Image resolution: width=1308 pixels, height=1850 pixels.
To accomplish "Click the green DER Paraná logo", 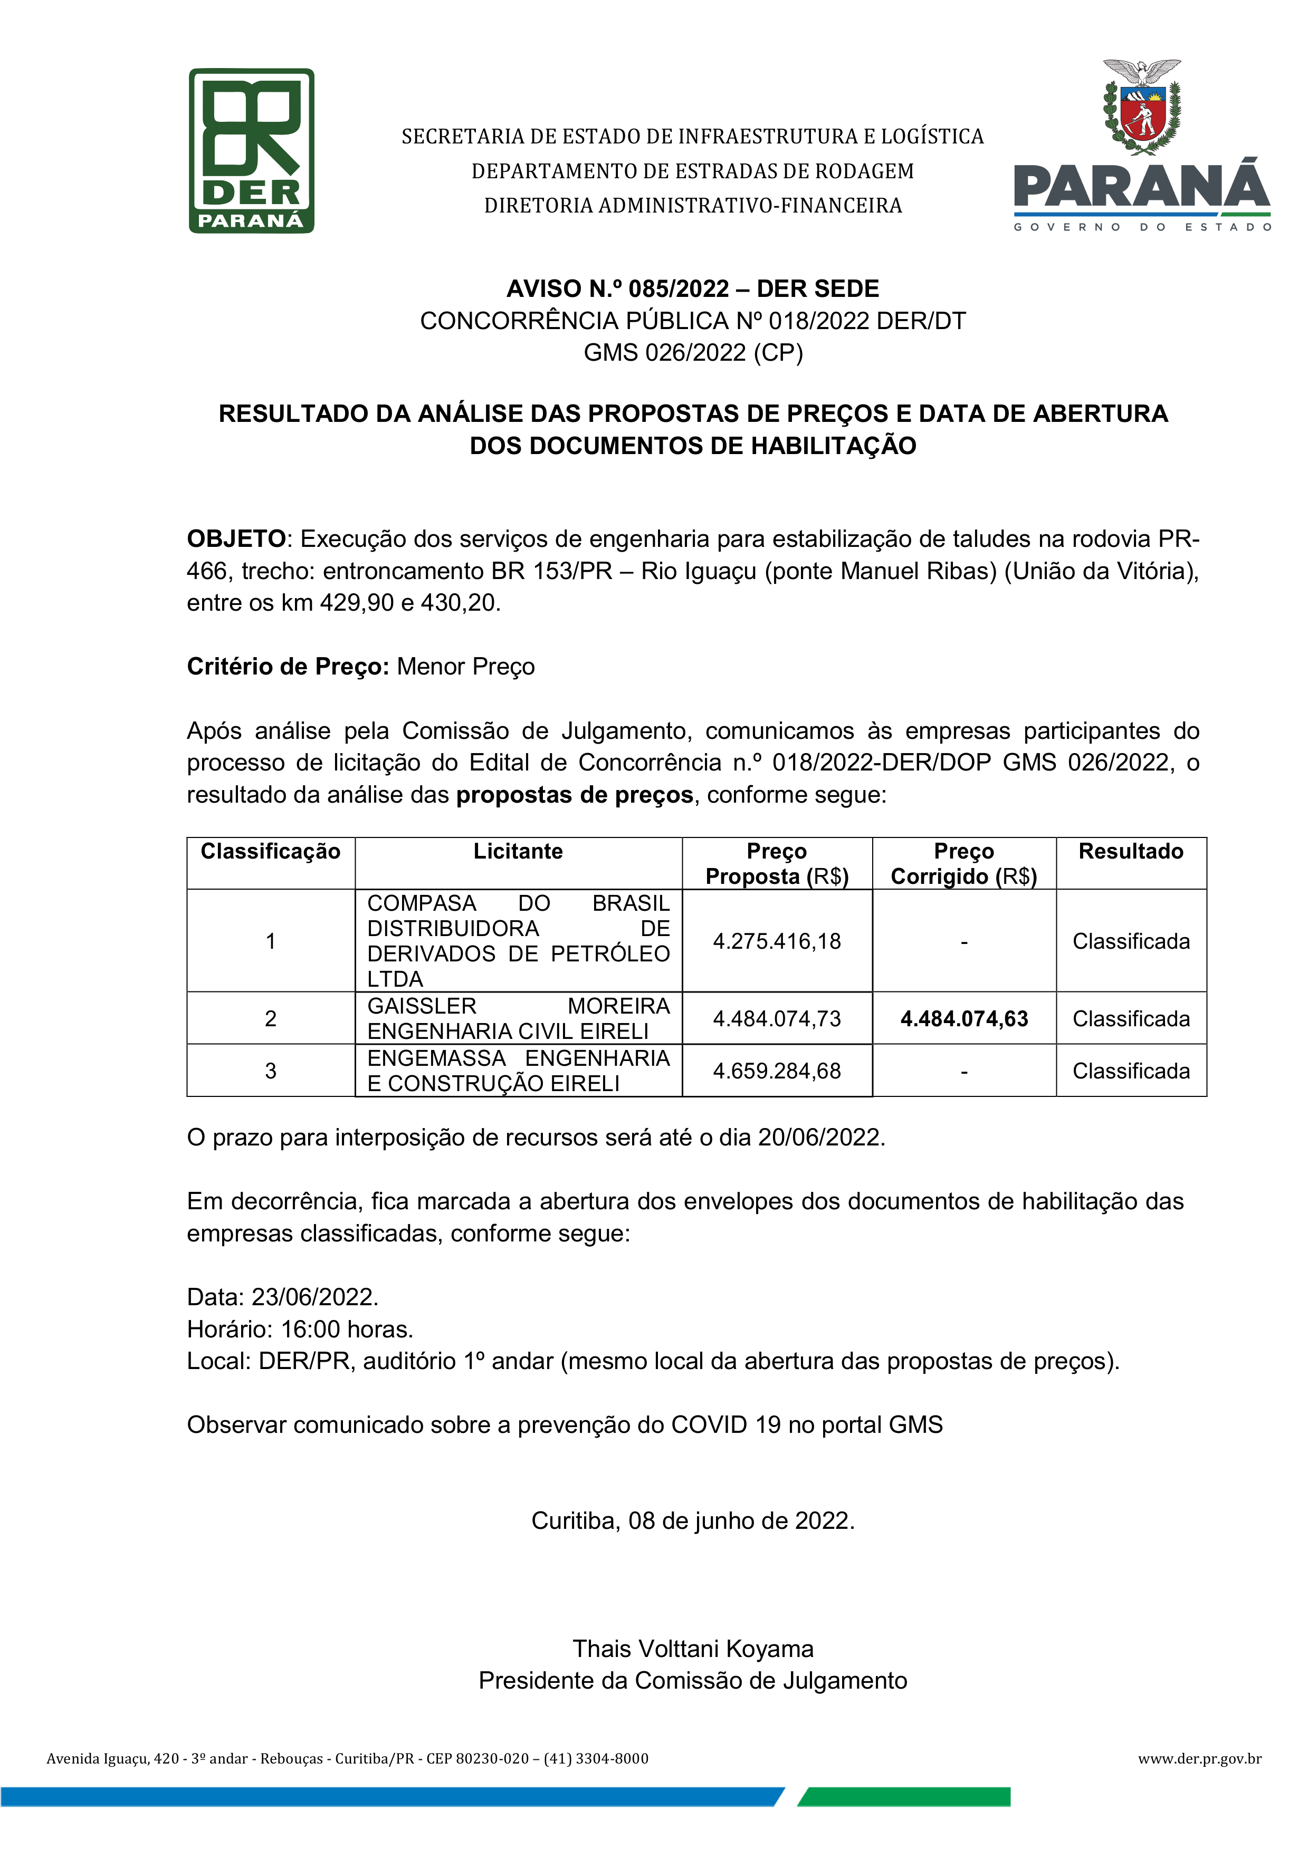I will click(252, 151).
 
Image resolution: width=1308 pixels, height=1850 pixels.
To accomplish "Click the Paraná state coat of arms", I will click(1141, 107).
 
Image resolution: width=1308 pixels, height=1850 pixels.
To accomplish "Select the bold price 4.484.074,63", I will click(964, 1019).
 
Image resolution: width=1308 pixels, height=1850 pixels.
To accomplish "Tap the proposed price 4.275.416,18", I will click(777, 941).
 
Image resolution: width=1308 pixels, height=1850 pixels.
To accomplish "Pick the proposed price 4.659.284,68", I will click(777, 1071).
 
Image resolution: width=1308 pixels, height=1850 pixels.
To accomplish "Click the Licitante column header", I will click(518, 852).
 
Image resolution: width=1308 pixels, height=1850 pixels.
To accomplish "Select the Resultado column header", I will click(1131, 852).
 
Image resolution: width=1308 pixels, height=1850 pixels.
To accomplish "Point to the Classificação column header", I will click(271, 852).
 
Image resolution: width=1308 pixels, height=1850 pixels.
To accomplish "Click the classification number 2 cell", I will click(271, 1019).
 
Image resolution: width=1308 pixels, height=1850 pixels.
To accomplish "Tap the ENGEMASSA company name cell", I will click(518, 1071).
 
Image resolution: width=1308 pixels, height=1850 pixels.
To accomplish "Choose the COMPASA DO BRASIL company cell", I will click(518, 941).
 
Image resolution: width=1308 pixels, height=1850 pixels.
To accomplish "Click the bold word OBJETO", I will click(236, 539).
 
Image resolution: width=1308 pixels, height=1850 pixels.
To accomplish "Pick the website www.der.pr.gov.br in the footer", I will click(1199, 1758).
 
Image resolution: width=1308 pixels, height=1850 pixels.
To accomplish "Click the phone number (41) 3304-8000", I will click(596, 1758).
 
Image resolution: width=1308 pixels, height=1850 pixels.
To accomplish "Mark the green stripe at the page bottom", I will click(904, 1797).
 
